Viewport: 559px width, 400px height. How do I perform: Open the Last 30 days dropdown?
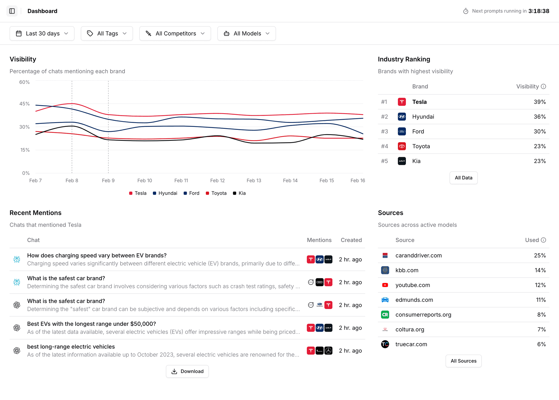[x=42, y=33]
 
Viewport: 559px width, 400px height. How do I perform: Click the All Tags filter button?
[x=107, y=33]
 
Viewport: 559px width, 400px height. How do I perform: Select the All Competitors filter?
[x=175, y=33]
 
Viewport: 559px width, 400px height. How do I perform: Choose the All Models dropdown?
[x=246, y=33]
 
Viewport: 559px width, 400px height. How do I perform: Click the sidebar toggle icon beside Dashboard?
[x=12, y=11]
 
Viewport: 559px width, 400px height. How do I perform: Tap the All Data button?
[x=463, y=178]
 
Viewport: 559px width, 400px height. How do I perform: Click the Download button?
[x=187, y=371]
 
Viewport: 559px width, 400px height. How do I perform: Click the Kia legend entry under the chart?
[x=239, y=193]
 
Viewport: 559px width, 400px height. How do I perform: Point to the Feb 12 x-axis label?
[x=217, y=180]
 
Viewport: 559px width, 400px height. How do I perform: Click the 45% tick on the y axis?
[x=24, y=104]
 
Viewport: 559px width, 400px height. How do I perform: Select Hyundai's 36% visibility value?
[x=540, y=117]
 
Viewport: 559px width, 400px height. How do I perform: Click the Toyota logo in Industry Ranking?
[x=402, y=146]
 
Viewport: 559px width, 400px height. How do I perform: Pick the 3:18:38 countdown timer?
[x=539, y=11]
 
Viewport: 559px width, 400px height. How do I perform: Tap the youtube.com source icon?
[x=385, y=285]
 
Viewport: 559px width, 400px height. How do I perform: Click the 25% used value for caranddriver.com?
[x=540, y=256]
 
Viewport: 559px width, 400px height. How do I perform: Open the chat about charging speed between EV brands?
[x=97, y=256]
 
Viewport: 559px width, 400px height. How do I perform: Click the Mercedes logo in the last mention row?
[x=328, y=351]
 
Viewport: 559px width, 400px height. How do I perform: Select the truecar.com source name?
[x=411, y=344]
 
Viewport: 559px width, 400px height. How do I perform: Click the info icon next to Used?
[x=543, y=240]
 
